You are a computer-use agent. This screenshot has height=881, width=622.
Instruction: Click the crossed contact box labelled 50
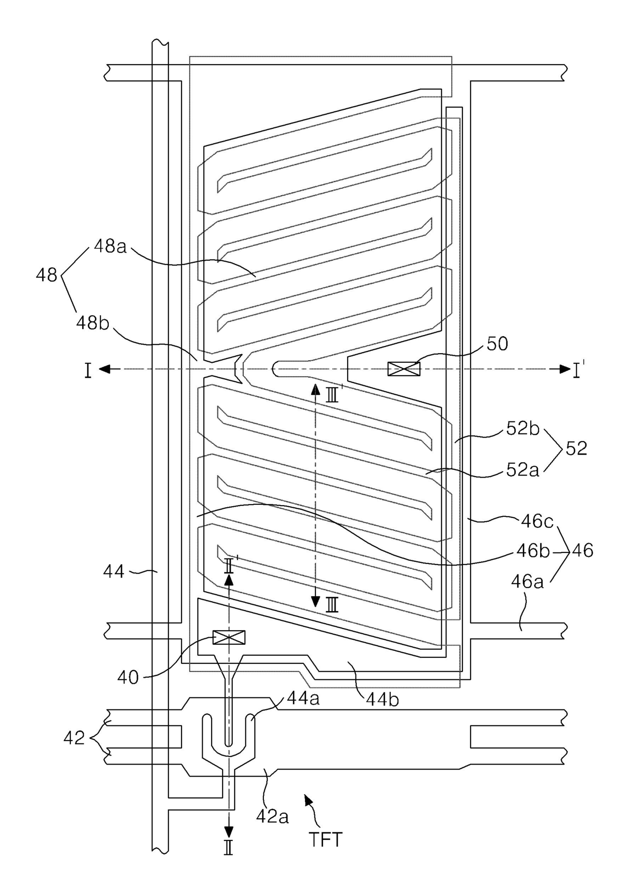pos(404,369)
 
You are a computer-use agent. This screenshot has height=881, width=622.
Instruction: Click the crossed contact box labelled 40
pos(229,637)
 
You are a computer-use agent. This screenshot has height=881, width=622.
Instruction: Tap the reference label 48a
pos(110,247)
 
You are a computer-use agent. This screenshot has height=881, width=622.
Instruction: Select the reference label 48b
pos(92,323)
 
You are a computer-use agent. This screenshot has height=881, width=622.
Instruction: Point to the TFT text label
pos(326,840)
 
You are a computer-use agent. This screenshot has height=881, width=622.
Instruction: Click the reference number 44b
pos(382,699)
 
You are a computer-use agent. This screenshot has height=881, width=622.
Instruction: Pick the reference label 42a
pos(272,817)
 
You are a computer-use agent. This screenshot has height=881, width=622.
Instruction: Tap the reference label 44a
pos(303,699)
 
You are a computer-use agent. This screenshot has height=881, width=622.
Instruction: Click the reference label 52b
pos(523,428)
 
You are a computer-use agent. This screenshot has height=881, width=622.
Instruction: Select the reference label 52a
pos(523,470)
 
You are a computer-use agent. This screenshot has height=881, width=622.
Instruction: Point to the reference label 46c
pos(537,522)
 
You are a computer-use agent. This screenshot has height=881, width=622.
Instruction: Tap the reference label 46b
pos(534,551)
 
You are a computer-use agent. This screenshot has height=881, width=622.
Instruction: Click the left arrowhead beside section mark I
pos(104,369)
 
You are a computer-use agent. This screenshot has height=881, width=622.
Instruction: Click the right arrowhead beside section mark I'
pos(564,369)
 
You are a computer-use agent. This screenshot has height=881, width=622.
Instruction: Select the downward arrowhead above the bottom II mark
pos(228,833)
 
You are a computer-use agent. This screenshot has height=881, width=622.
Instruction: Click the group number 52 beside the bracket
pos(576,448)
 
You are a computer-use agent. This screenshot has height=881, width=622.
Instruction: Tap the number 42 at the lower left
pos(74,738)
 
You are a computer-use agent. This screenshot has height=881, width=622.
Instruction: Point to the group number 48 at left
pos(47,275)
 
